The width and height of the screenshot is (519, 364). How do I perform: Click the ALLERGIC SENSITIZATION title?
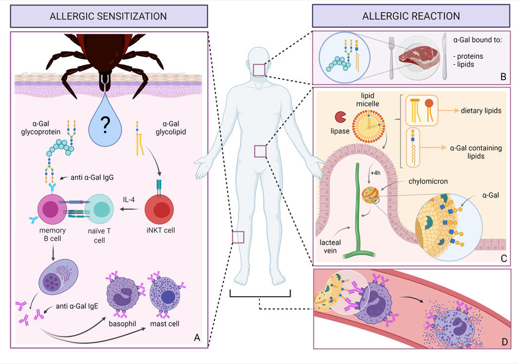pyautogui.click(x=108, y=15)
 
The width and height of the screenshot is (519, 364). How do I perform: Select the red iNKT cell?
pyautogui.click(x=161, y=210)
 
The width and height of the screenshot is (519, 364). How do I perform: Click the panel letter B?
pyautogui.click(x=503, y=76)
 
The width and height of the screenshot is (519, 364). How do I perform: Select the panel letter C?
pyautogui.click(x=503, y=259)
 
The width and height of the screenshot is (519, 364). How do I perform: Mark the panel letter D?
pyautogui.click(x=503, y=341)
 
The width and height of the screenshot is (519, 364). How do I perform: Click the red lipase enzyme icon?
pyautogui.click(x=339, y=116)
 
